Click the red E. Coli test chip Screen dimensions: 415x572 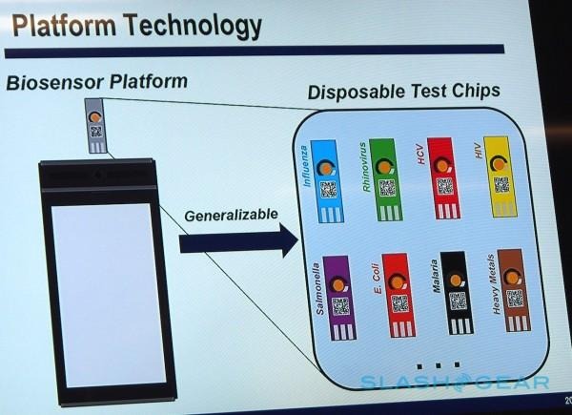[398, 295]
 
